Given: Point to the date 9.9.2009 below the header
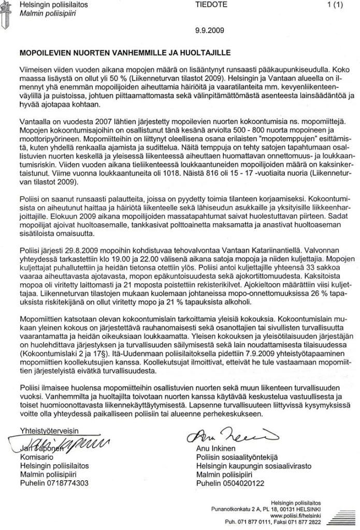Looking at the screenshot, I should (x=210, y=31).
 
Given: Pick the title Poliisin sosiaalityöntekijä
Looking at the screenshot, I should (x=237, y=458).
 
